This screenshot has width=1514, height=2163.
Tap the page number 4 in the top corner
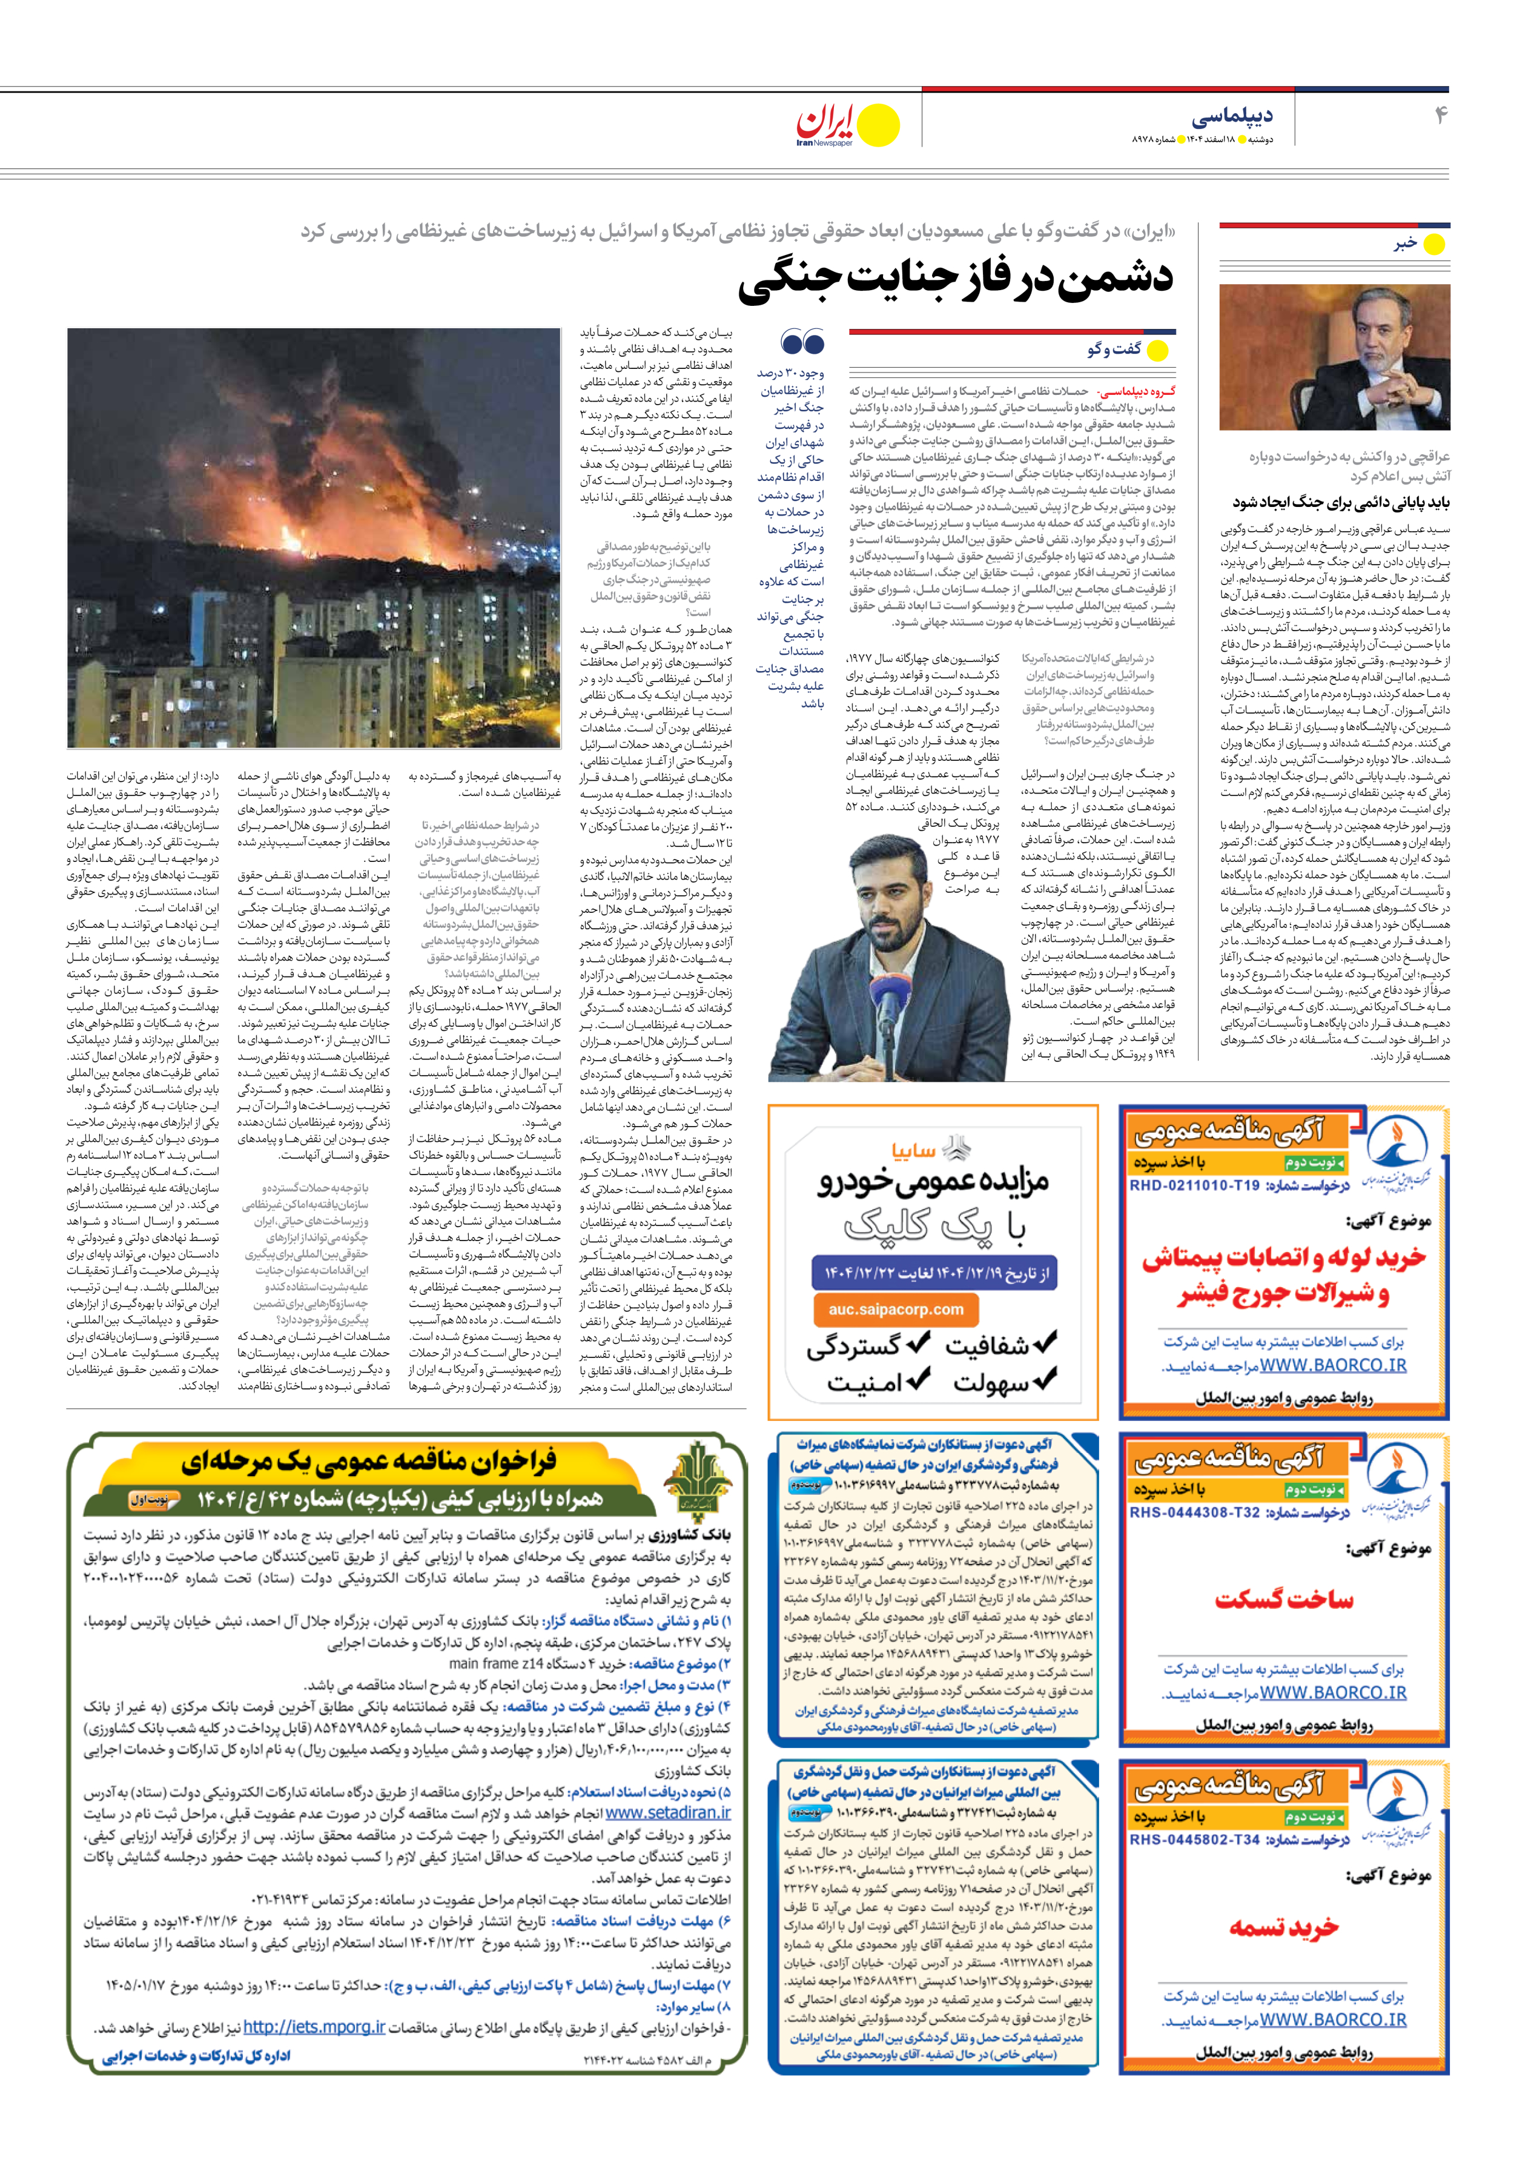(1440, 115)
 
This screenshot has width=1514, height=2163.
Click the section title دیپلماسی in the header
(1231, 116)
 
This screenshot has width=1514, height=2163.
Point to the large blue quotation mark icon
(802, 341)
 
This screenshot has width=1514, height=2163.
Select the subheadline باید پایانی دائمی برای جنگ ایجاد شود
(1341, 502)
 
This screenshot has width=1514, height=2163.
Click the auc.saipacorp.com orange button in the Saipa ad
(896, 1310)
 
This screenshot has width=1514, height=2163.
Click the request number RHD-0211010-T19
(1194, 1185)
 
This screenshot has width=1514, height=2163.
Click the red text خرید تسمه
(1283, 1927)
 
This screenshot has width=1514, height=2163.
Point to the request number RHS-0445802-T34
(1194, 1840)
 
